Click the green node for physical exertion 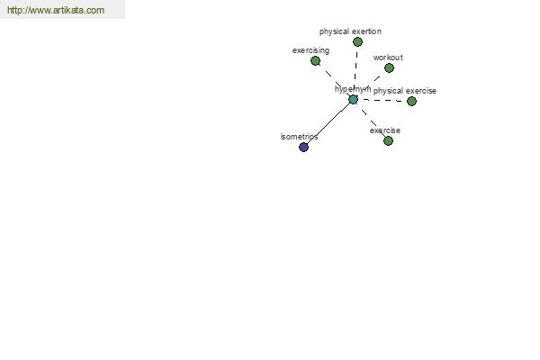[x=357, y=42]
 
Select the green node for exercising [x=315, y=61]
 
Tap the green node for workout [x=389, y=68]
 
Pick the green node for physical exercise [x=411, y=102]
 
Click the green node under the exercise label [x=388, y=141]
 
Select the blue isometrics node [x=303, y=148]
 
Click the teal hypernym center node [x=353, y=100]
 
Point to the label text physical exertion [x=350, y=31]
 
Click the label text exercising [x=310, y=50]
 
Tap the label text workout [x=388, y=58]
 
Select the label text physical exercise [x=405, y=91]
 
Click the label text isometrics [x=299, y=137]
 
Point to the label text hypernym [x=353, y=89]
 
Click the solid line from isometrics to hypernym [x=328, y=123]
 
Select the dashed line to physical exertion [x=356, y=70]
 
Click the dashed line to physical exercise [x=382, y=101]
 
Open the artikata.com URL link [x=56, y=10]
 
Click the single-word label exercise [x=385, y=130]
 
